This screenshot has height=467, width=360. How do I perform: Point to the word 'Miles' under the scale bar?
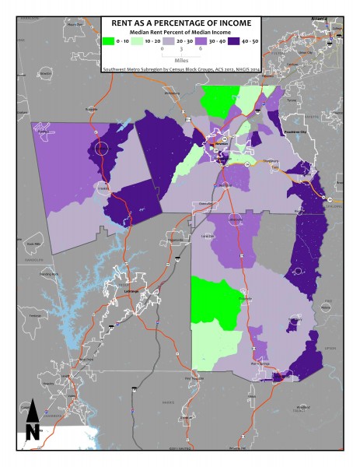[x=180, y=58]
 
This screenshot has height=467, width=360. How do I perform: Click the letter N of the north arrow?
[x=32, y=431]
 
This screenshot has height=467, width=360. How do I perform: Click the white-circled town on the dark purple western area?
[x=100, y=147]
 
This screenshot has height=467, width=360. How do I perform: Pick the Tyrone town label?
[x=291, y=100]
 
